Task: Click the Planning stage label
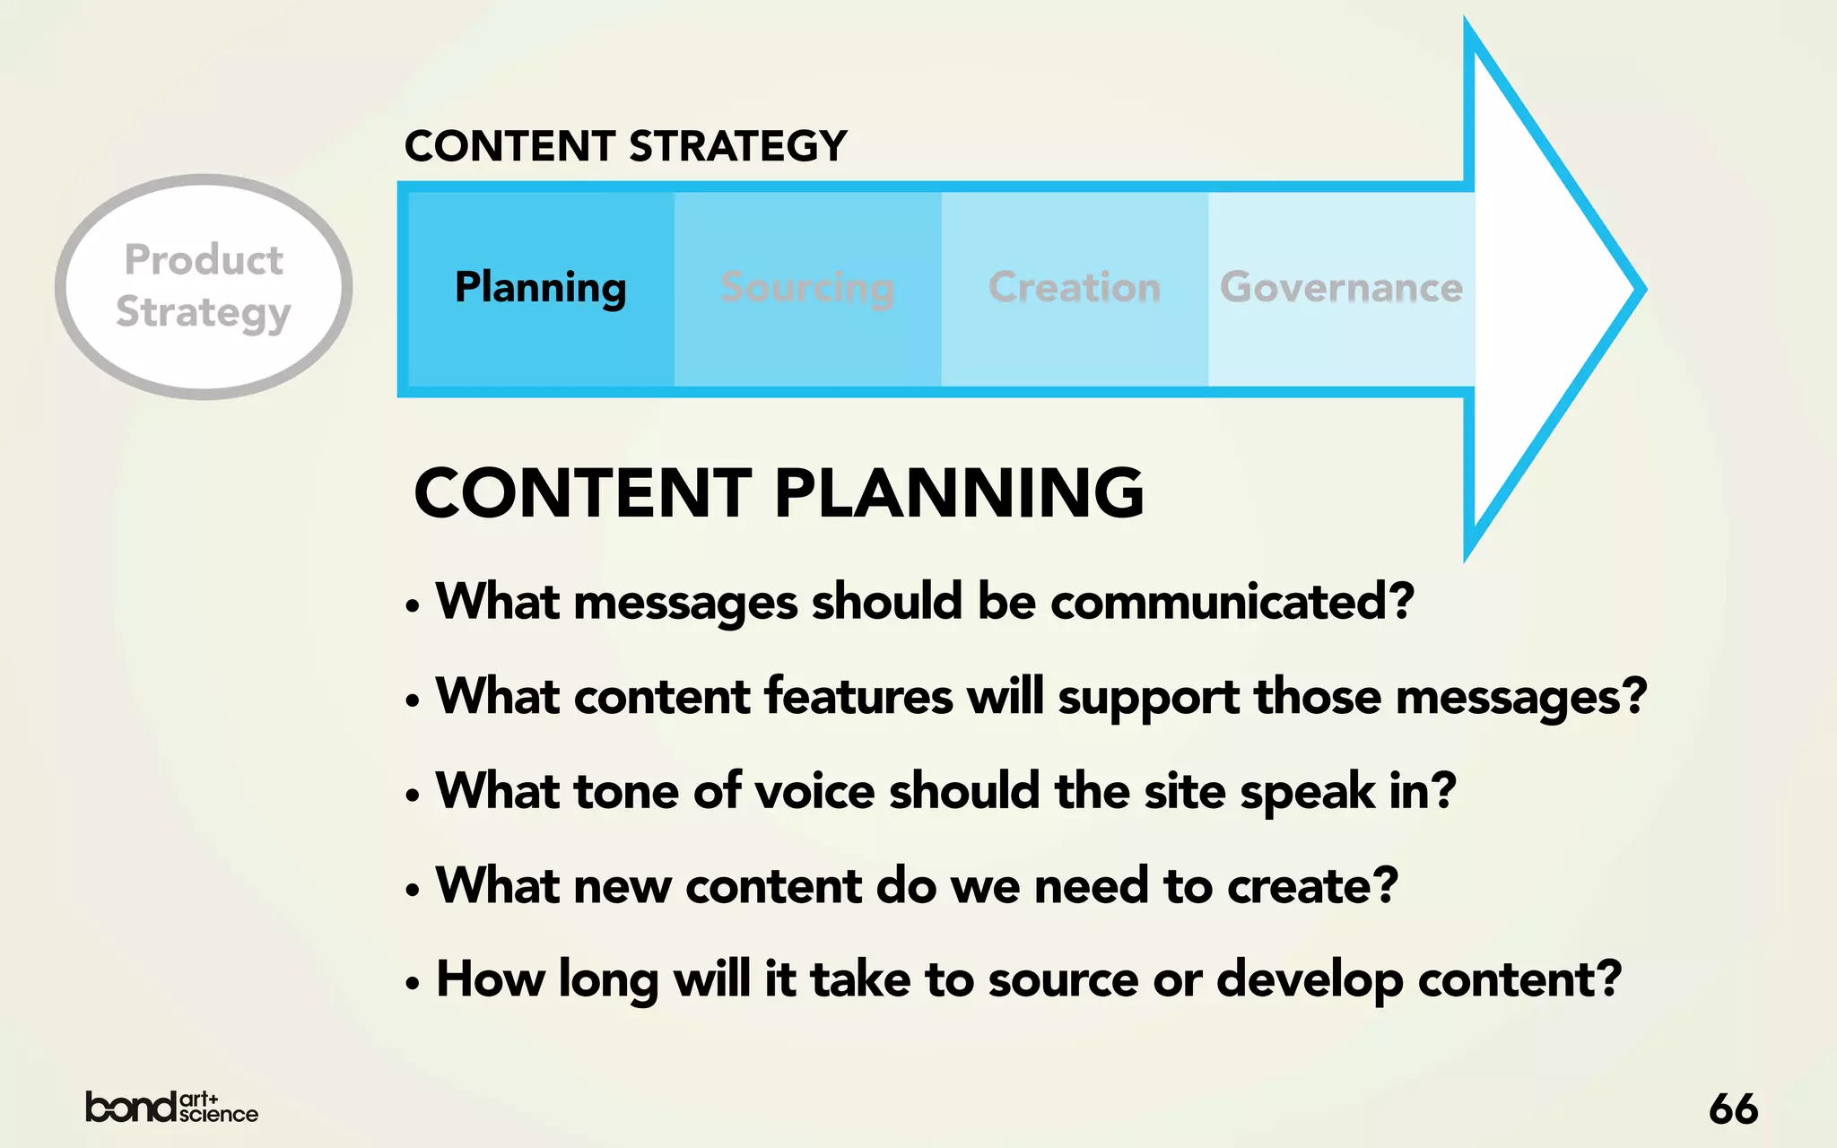coord(540,288)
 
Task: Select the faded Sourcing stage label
coord(807,288)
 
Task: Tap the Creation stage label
coord(1074,288)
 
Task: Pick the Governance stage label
coord(1341,288)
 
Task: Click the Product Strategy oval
coord(204,286)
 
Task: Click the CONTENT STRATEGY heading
coord(625,146)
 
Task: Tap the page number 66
coord(1733,1109)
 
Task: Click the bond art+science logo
coord(171,1107)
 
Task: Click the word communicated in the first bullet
coord(1232,601)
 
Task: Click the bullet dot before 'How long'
coord(413,984)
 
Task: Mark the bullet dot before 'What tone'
coord(413,796)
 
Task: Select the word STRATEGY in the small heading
coord(737,146)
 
